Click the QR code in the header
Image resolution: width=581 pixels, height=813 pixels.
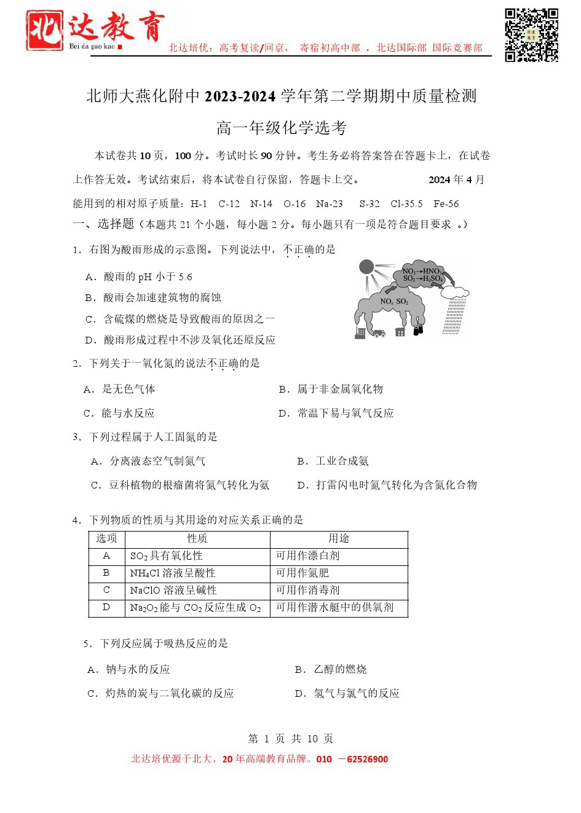pos(531,35)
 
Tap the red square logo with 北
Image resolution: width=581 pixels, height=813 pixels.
pos(45,31)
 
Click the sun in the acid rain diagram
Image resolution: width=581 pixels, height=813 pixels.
pos(366,267)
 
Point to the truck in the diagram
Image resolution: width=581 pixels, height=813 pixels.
pos(379,333)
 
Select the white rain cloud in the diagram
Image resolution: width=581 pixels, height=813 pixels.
pos(455,291)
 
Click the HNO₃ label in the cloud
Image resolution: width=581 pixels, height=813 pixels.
pos(432,271)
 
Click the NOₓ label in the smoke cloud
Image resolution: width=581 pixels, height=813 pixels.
pos(386,301)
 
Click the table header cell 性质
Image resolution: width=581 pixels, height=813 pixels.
pos(197,538)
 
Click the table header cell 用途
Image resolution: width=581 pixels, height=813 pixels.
pos(339,538)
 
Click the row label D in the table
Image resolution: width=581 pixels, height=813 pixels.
pos(106,607)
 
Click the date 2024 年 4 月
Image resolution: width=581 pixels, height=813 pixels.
pos(456,179)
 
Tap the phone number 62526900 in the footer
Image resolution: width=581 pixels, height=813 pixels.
pos(367,759)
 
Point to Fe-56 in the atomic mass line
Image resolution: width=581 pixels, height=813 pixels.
pos(446,204)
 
